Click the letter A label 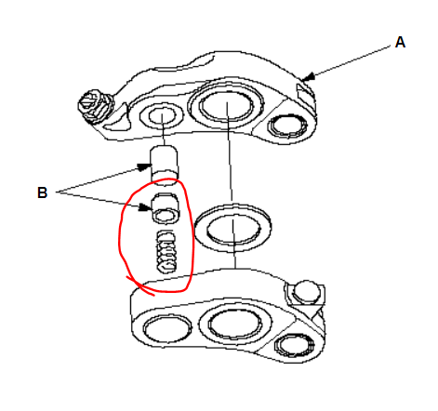400,42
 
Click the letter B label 42,192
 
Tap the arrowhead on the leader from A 309,76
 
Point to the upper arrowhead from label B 144,167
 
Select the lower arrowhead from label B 145,207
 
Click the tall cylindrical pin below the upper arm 164,165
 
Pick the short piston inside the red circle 166,208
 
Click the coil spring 166,252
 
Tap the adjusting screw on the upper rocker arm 93,106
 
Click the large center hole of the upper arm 226,104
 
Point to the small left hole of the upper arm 162,115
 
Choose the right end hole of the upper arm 288,126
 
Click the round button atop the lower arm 307,291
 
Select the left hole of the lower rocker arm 167,329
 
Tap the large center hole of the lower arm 234,324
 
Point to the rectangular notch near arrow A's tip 305,91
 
